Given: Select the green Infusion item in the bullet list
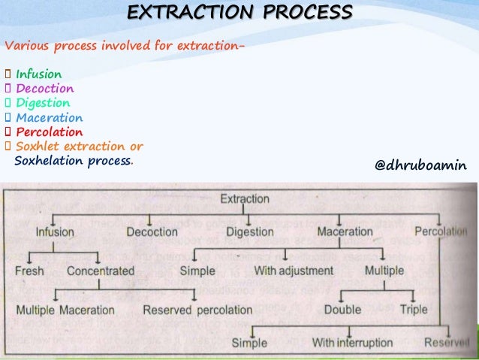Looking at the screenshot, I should coord(39,74).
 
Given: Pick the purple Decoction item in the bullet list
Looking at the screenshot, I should coord(45,89).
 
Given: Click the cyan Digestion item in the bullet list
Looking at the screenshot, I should coord(43,103).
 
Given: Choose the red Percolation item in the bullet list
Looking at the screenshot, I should coord(49,132).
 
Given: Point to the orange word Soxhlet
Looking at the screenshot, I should coord(39,147).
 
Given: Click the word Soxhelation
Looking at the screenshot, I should coord(50,161).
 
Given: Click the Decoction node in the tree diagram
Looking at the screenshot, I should coord(152,232).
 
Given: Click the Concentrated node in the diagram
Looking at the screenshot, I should coord(101,271).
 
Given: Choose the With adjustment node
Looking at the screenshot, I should coord(294,271).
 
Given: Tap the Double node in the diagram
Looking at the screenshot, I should coord(342,309).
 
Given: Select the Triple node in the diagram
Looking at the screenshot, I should coord(414,309).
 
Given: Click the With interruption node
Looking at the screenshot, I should coord(352,343).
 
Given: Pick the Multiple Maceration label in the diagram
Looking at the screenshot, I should coord(65,310).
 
